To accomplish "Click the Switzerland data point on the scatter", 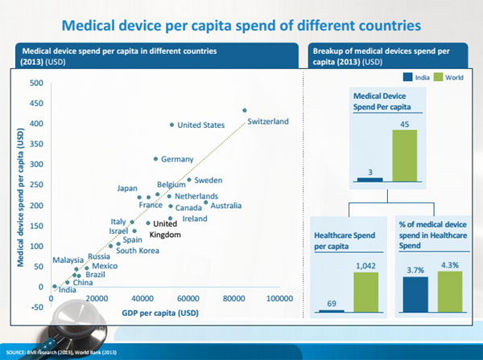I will tap(245, 110).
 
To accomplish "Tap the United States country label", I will tap(200, 125).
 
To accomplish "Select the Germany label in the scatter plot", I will tap(177, 159).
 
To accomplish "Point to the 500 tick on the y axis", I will tap(37, 83).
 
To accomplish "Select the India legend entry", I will tap(416, 78).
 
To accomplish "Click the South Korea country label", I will tap(138, 251).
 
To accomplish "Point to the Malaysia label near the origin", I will tap(68, 260).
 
